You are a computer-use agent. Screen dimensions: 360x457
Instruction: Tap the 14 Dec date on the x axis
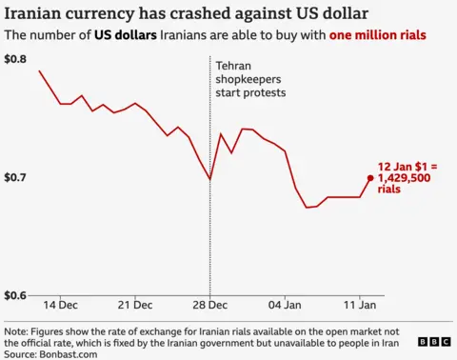tap(62, 306)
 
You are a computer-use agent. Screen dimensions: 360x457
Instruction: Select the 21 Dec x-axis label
tap(135, 306)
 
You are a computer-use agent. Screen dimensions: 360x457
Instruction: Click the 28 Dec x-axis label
tap(209, 306)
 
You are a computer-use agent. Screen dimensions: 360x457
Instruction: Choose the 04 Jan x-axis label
tap(285, 306)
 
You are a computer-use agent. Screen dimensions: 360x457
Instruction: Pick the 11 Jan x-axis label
tap(359, 306)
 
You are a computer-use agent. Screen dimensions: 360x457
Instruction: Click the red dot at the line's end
tap(370, 177)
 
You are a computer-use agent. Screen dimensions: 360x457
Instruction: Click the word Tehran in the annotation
tap(234, 63)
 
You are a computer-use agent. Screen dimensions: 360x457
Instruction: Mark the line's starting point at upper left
tap(39, 71)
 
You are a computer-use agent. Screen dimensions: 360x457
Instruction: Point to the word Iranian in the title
tap(37, 12)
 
